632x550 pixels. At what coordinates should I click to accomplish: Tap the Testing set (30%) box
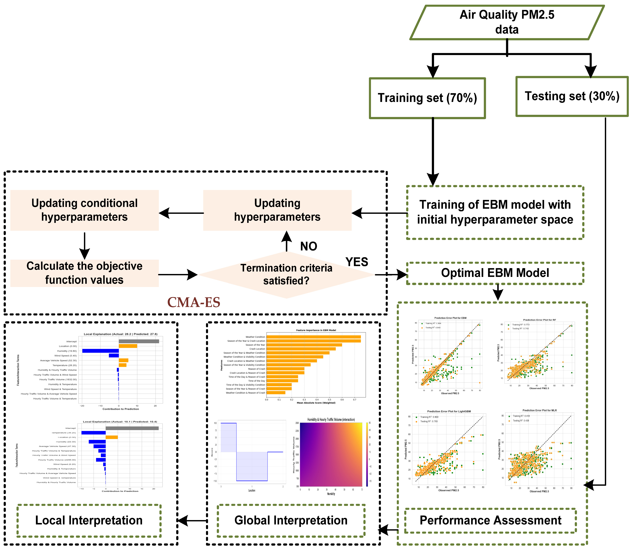click(572, 96)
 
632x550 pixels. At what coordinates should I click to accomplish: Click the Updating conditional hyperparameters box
click(84, 210)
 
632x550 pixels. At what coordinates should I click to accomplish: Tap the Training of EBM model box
click(495, 212)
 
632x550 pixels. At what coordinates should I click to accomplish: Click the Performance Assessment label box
click(490, 520)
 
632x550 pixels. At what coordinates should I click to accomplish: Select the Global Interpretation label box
click(291, 520)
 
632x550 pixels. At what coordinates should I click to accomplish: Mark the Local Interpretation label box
click(89, 520)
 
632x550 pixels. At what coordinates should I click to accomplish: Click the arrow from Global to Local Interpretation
click(193, 520)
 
